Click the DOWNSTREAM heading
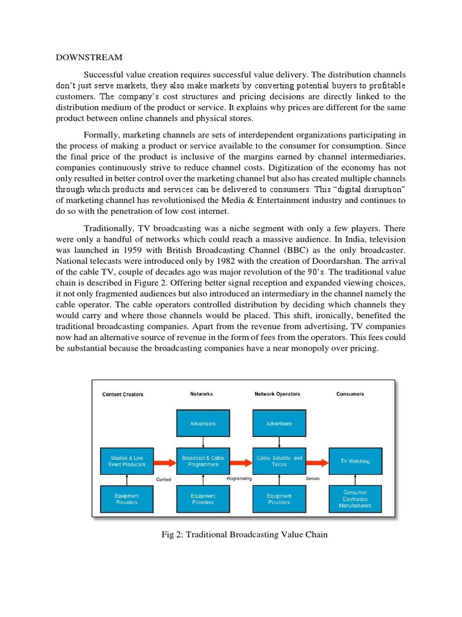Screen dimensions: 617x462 [x=89, y=58]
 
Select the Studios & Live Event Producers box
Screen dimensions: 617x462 [x=126, y=462]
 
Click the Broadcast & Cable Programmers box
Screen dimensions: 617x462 [x=203, y=462]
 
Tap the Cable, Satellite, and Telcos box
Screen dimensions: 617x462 [x=279, y=462]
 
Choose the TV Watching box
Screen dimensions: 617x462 [x=355, y=462]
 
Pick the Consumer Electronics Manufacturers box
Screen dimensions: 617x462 [x=355, y=499]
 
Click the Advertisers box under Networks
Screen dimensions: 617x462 [x=203, y=424]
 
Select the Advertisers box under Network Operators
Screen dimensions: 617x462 [x=279, y=424]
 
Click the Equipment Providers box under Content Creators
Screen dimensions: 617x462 [x=126, y=499]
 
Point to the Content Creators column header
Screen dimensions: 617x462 [x=123, y=395]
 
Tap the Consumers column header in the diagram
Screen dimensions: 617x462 [x=350, y=394]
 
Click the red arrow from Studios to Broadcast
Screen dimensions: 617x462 [x=164, y=463]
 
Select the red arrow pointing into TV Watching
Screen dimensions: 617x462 [x=317, y=463]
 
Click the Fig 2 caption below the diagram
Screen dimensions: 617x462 [x=241, y=534]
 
